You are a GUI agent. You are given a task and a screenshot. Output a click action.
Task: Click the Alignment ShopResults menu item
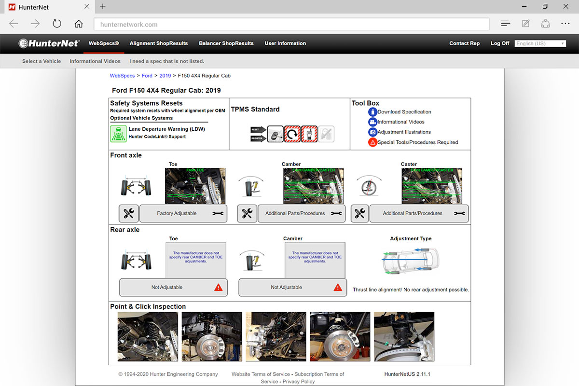tap(158, 43)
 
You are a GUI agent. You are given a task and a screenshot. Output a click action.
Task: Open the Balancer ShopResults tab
tap(226, 43)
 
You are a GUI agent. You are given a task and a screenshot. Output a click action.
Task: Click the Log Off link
tap(499, 43)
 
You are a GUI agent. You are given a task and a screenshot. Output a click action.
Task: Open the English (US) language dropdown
tap(540, 43)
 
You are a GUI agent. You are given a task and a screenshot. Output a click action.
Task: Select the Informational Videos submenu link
tap(95, 61)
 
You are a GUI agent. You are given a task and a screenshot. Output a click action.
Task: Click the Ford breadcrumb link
tap(147, 76)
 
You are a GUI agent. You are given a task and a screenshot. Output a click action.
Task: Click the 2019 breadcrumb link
tap(165, 76)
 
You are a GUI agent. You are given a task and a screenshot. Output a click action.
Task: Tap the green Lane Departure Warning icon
tap(118, 133)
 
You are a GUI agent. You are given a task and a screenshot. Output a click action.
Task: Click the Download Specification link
tap(404, 112)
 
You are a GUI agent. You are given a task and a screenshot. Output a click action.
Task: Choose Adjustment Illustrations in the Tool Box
tap(404, 132)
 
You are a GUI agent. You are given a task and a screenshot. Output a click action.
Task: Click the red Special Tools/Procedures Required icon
tap(372, 142)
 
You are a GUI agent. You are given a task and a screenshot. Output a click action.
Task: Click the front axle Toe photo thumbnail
tap(195, 186)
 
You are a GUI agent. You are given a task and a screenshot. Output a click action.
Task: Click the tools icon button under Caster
tap(359, 213)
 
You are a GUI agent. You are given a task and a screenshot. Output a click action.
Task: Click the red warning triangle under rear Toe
tap(218, 287)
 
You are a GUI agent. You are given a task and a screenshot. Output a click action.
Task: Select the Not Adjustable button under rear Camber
tap(287, 287)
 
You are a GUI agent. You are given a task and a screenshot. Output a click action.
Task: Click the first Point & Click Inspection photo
tap(148, 336)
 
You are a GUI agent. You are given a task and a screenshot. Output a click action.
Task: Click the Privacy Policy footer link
tap(299, 381)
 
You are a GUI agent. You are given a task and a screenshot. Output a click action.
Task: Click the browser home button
tap(79, 24)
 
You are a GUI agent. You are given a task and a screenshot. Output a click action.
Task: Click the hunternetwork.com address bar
tap(289, 24)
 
